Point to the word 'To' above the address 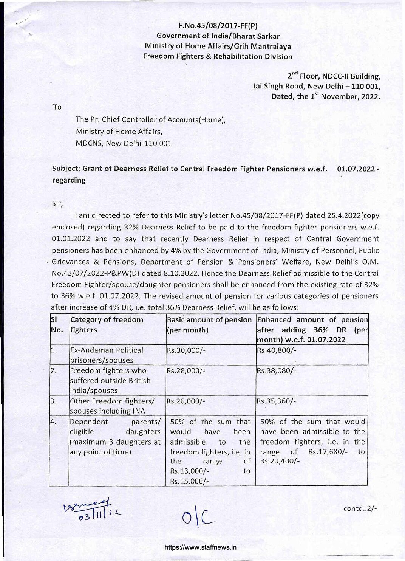pos(57,107)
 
